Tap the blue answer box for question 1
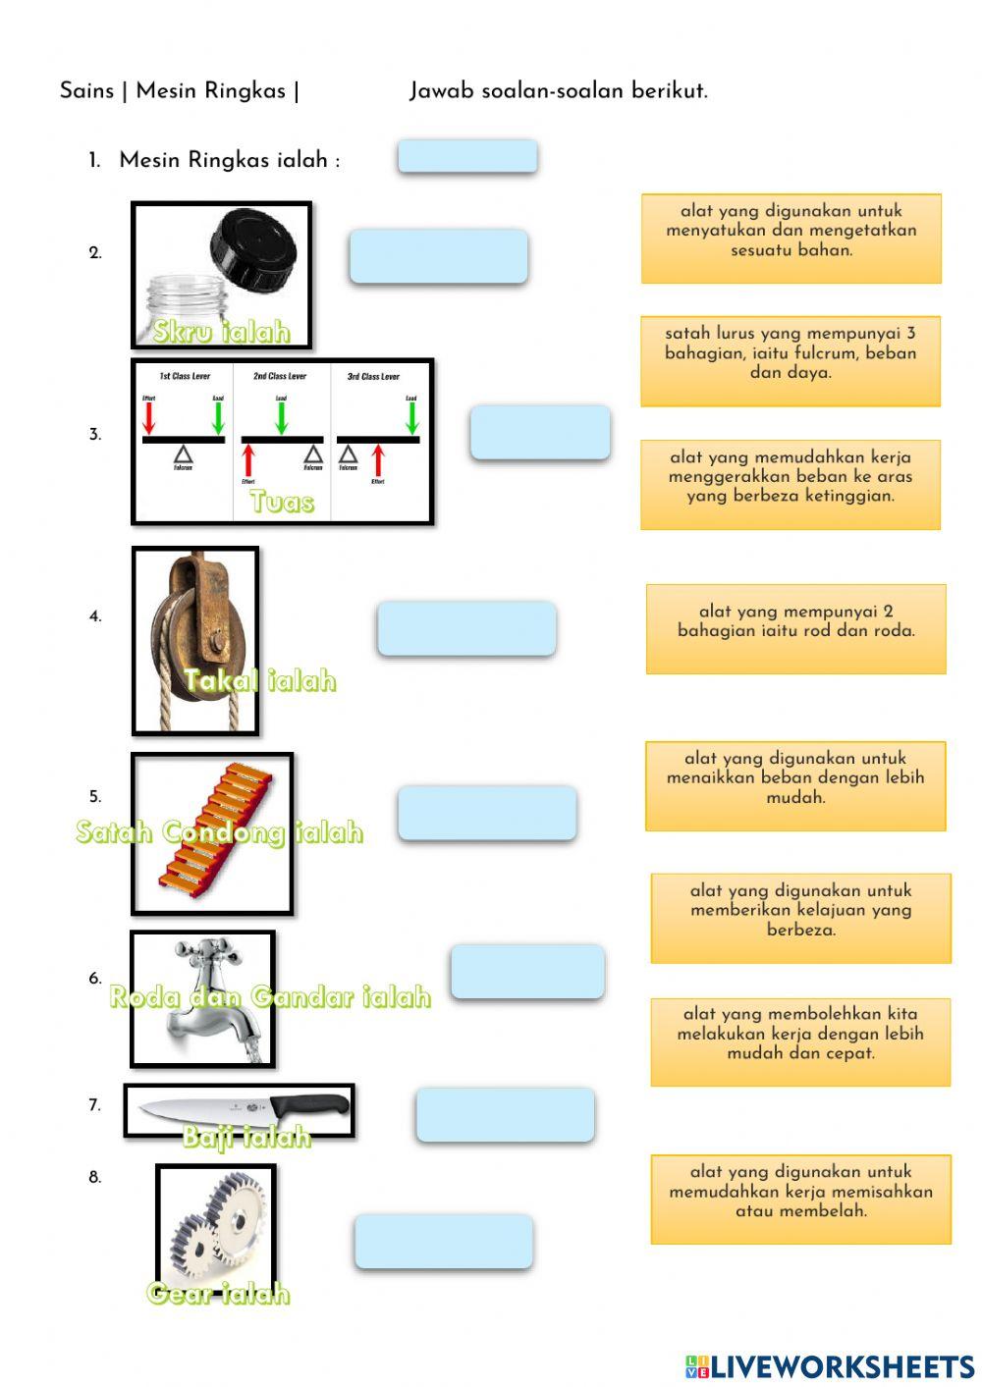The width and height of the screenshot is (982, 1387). point(467,157)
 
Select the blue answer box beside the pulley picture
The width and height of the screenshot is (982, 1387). point(466,628)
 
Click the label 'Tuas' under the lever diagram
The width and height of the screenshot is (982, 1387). point(282,502)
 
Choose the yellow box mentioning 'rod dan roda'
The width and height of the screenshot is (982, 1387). point(795,629)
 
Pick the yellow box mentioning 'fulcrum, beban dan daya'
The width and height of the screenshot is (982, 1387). point(790,360)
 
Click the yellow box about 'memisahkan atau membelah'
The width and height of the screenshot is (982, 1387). point(800,1199)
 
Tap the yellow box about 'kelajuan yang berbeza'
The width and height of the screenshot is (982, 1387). point(800,918)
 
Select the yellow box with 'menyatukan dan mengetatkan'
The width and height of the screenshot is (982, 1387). point(791,239)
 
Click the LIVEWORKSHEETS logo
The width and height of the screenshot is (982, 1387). point(830,1366)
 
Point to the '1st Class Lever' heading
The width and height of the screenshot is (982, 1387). point(185,376)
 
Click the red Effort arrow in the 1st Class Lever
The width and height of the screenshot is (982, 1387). point(149,418)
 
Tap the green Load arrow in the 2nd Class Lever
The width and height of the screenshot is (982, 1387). point(282,417)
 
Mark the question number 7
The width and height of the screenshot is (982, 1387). point(94,1105)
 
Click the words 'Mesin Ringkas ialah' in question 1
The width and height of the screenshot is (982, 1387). point(229,160)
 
